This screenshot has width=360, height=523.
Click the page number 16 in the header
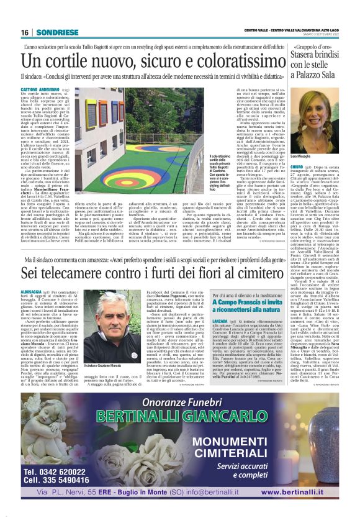point(25,32)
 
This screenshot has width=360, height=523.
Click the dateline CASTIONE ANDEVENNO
point(45,89)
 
